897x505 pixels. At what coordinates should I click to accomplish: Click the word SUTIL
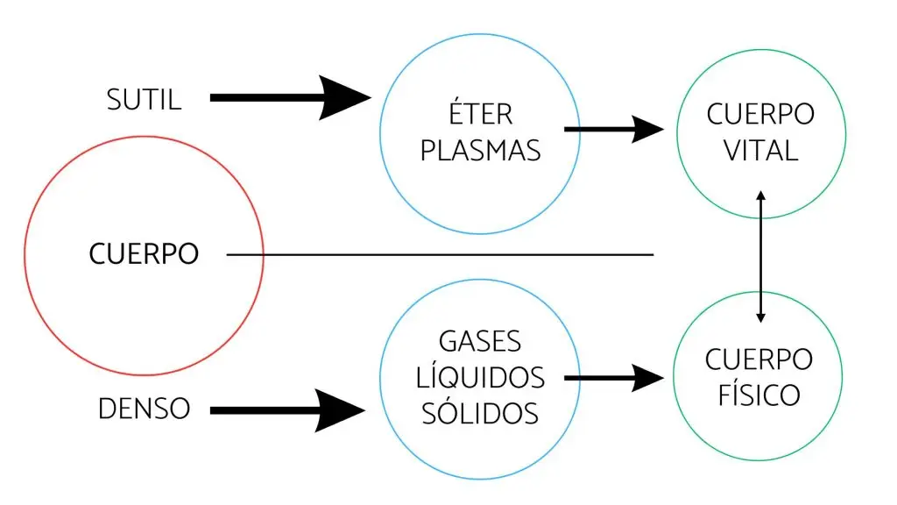(x=145, y=99)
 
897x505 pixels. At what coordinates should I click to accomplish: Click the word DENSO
(x=144, y=409)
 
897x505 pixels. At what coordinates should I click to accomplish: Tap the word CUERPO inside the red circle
(x=144, y=255)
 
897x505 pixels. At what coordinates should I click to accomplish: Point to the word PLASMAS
(x=480, y=150)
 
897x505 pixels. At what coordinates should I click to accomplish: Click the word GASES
(x=480, y=341)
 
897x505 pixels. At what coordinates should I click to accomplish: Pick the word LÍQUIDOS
(x=480, y=377)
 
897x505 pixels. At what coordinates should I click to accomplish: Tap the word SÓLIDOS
(x=480, y=412)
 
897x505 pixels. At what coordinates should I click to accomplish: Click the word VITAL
(x=760, y=150)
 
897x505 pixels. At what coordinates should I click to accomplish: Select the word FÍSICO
(x=759, y=395)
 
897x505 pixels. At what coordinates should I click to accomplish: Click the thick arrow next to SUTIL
(x=289, y=98)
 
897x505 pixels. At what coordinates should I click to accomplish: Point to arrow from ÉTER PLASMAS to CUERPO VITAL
(x=613, y=130)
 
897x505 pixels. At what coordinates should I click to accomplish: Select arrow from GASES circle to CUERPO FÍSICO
(x=613, y=378)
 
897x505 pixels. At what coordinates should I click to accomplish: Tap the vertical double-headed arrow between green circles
(x=760, y=256)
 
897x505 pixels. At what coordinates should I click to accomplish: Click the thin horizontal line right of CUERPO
(x=438, y=255)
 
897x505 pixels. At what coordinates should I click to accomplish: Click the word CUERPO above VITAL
(x=760, y=115)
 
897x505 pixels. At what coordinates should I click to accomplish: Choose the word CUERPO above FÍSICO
(x=759, y=359)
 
